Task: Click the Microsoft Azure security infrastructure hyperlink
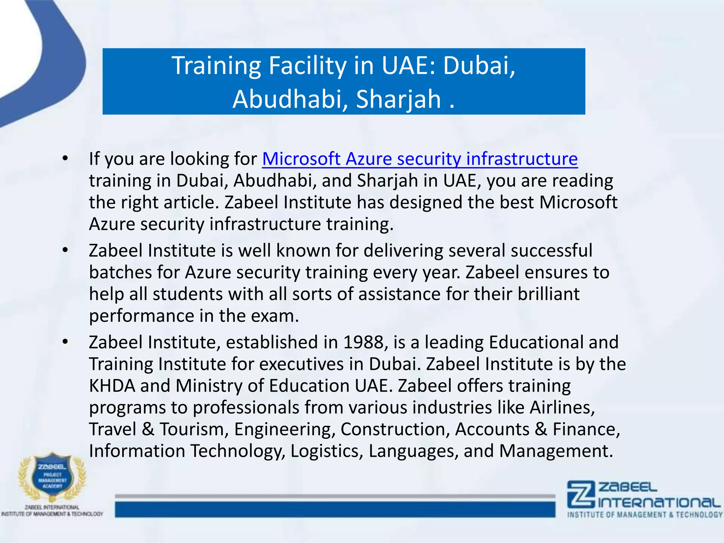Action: coord(420,159)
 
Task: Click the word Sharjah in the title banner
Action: coord(398,99)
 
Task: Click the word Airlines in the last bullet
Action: coord(562,407)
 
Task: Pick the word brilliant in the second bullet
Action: coord(549,294)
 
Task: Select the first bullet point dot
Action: coord(65,158)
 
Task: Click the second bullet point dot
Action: coord(65,250)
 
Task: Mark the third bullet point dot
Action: coord(65,342)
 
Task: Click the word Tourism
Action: coord(192,429)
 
